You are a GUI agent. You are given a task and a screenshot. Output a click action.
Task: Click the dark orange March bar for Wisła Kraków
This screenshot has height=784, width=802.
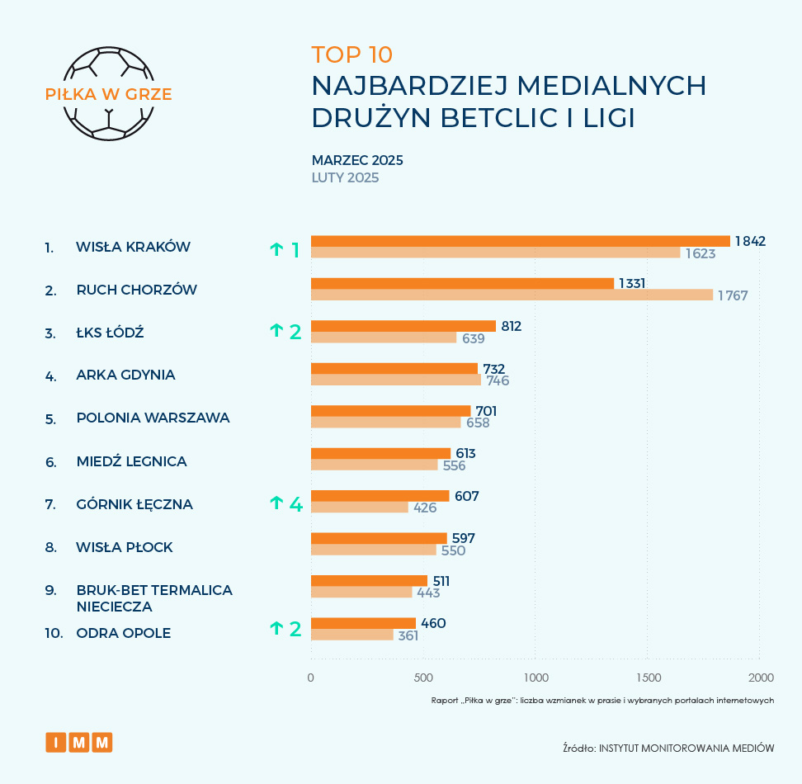(520, 241)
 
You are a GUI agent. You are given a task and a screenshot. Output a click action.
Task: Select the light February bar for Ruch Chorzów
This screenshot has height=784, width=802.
(512, 295)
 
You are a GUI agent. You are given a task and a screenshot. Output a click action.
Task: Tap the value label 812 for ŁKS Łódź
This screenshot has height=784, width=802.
(512, 327)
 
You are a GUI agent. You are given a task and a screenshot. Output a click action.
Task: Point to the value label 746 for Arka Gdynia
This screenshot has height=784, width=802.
(498, 380)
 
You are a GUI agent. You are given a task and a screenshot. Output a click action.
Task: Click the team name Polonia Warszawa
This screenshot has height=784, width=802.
(153, 418)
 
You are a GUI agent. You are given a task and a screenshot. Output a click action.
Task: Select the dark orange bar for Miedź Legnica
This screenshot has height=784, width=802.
(380, 453)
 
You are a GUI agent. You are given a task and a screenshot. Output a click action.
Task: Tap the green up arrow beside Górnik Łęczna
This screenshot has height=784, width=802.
(276, 503)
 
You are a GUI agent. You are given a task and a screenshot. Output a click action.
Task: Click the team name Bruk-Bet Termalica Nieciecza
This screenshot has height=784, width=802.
(153, 597)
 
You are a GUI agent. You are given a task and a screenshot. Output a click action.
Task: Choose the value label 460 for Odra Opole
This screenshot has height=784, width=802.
(433, 623)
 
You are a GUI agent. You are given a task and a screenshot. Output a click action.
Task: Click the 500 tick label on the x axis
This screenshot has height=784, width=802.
(423, 678)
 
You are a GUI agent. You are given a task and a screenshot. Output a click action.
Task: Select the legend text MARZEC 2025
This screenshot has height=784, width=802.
(357, 160)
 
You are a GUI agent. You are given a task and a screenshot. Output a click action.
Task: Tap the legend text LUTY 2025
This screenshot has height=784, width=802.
(345, 177)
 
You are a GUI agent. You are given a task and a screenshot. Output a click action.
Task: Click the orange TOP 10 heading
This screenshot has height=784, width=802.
(352, 54)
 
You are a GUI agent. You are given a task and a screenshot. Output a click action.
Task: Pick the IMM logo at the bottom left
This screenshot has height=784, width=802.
(78, 743)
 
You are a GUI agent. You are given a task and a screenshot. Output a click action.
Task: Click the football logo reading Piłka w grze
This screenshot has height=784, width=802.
(108, 93)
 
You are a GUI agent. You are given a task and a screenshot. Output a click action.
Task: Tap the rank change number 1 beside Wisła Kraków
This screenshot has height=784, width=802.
(295, 248)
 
